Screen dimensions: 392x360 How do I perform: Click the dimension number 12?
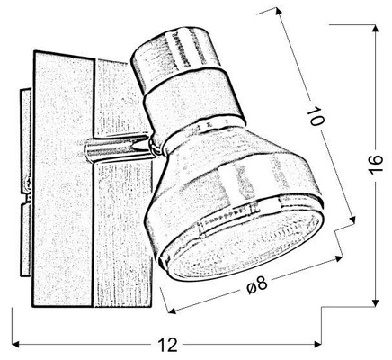[x=167, y=346]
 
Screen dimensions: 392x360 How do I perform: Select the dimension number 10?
[x=316, y=116]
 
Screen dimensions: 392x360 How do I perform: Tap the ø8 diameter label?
[x=256, y=285]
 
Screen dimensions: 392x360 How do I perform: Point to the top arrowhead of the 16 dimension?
[x=376, y=28]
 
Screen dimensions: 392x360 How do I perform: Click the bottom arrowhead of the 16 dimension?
[x=376, y=302]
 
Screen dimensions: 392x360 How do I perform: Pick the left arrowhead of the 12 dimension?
[x=16, y=344]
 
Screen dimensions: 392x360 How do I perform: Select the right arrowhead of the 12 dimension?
[x=317, y=344]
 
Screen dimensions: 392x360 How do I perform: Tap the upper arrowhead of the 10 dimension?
[x=279, y=12]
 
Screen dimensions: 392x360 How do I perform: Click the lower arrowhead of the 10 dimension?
[x=352, y=220]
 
